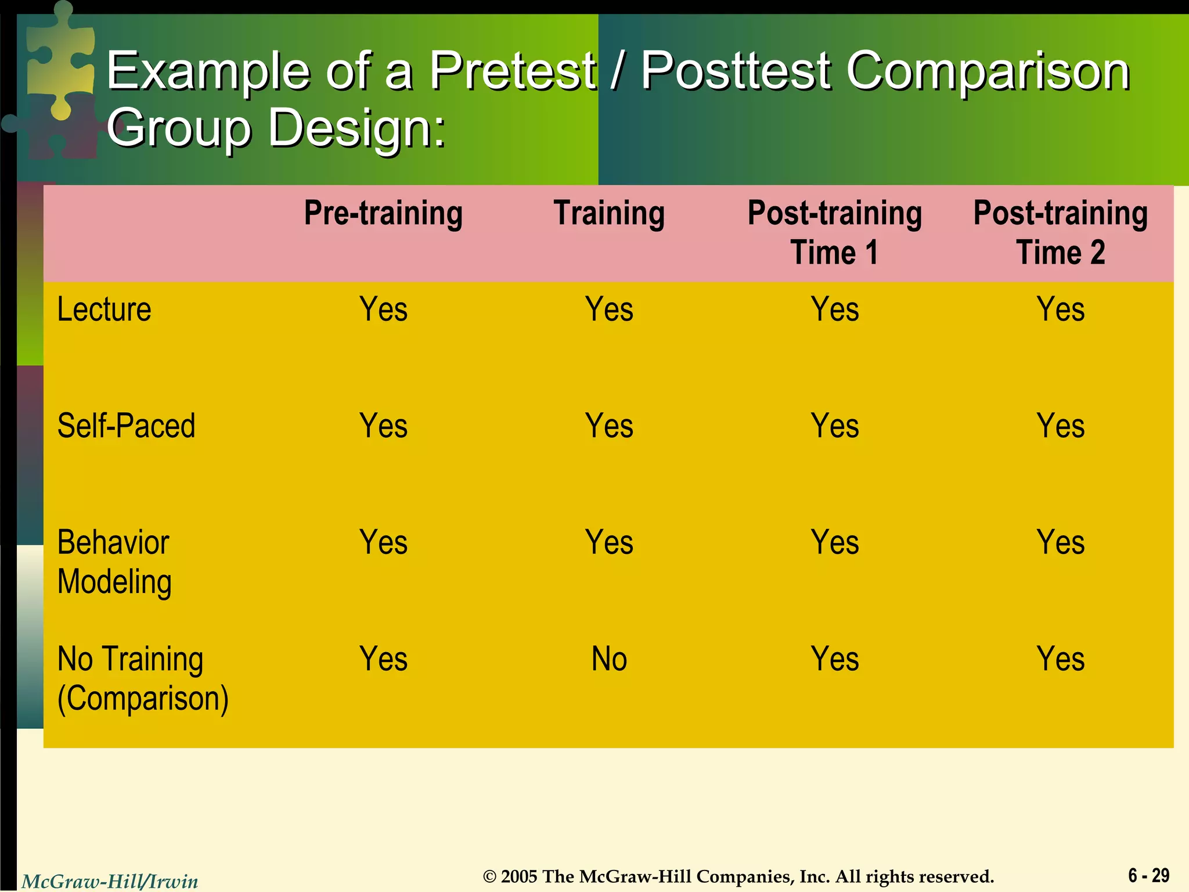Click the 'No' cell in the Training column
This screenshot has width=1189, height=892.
[x=609, y=660]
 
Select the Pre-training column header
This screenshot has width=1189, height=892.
[x=383, y=213]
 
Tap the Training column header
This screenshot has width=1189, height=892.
[x=609, y=213]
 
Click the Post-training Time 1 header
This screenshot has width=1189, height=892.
[x=834, y=232]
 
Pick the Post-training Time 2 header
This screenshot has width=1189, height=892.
[x=1060, y=232]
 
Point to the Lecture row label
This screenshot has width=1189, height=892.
[x=105, y=310]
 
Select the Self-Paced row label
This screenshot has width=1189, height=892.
[x=126, y=426]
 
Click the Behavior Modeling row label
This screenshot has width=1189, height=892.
[x=114, y=562]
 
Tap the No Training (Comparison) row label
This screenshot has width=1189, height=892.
[x=143, y=678]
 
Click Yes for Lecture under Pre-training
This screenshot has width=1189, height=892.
[x=383, y=310]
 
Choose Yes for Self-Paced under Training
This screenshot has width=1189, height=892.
[x=609, y=426]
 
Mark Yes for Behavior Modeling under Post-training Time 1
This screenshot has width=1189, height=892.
[x=834, y=542]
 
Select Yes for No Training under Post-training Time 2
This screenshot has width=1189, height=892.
[x=1060, y=660]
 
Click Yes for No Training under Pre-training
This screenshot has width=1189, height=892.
[x=383, y=660]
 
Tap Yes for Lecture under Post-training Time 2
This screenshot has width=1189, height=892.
[x=1060, y=310]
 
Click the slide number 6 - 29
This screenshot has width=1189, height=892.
[x=1148, y=875]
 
